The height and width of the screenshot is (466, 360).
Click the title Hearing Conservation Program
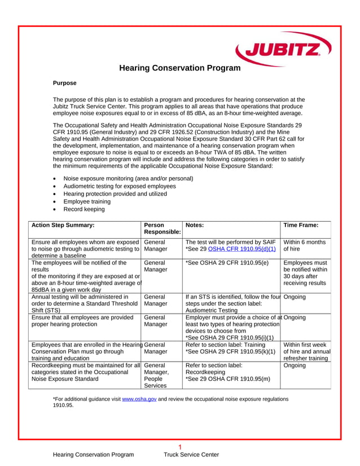tap(180, 68)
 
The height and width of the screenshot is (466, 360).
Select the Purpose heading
tap(64, 83)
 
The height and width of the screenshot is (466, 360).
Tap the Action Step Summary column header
tap(63, 224)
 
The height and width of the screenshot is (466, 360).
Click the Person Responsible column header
tap(162, 228)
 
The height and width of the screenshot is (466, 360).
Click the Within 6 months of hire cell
tap(305, 245)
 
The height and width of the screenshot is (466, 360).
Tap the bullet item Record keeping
tap(84, 209)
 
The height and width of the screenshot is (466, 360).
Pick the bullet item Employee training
tap(87, 201)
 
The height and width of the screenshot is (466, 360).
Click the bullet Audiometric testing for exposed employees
tap(119, 186)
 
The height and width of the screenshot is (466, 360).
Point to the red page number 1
tap(179, 447)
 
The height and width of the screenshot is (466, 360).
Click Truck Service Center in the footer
tap(191, 455)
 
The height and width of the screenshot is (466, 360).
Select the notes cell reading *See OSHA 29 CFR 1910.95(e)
tap(226, 262)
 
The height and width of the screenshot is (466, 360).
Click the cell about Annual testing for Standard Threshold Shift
tap(85, 302)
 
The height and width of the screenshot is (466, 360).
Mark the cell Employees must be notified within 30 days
tap(305, 273)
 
